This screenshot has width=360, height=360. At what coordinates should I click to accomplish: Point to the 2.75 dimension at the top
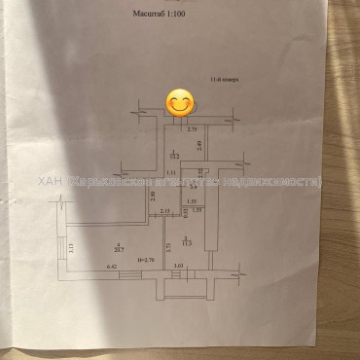[192, 128]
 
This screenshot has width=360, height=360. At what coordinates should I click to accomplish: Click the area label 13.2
[174, 155]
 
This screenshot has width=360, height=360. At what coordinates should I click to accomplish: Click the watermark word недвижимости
[289, 182]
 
